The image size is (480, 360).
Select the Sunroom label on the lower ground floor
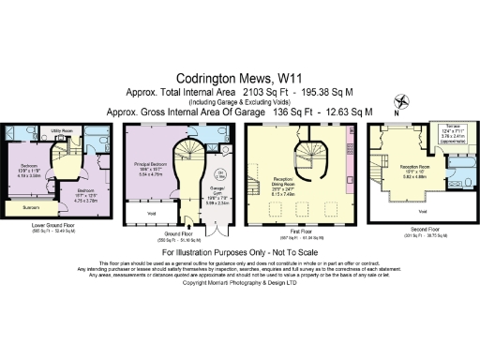coord(31,206)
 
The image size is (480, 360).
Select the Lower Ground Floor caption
coord(52,225)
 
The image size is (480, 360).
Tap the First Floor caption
coord(293,235)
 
